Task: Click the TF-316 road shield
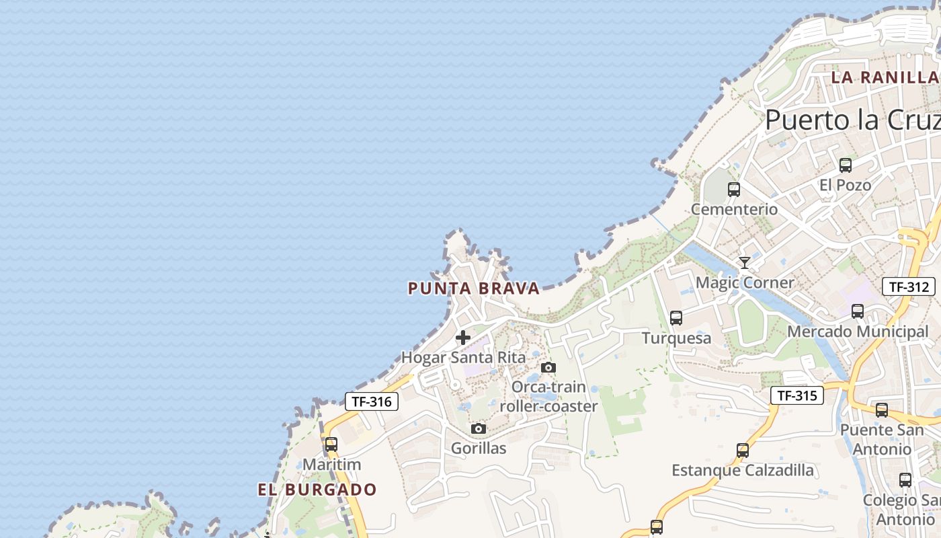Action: (x=372, y=401)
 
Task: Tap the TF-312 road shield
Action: (x=909, y=286)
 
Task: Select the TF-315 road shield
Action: (x=797, y=395)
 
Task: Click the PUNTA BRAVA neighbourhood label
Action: (x=474, y=289)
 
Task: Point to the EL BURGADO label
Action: (x=317, y=490)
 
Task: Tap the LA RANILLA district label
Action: (x=885, y=77)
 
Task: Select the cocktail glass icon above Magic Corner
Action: (x=744, y=262)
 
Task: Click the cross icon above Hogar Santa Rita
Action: (x=463, y=337)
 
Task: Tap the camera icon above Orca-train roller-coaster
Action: (x=548, y=367)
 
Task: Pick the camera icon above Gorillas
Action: (x=479, y=428)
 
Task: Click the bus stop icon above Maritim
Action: (x=331, y=445)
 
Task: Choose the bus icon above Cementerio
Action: (x=734, y=190)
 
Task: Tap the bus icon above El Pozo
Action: (x=846, y=165)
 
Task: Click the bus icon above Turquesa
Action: (x=676, y=317)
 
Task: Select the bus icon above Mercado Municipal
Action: (x=858, y=311)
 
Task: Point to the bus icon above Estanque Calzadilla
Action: (x=743, y=450)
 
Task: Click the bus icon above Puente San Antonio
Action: (x=882, y=410)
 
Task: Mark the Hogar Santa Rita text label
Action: (x=463, y=357)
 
